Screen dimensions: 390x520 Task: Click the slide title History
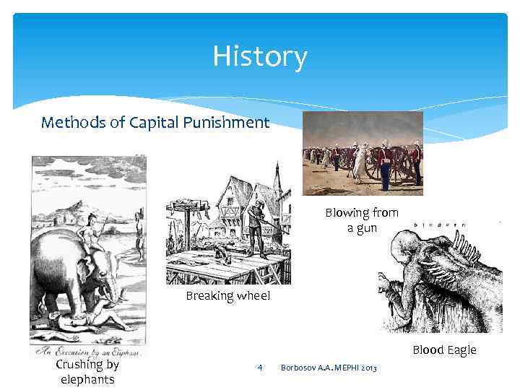click(x=260, y=56)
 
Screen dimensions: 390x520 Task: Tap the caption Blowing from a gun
click(x=361, y=220)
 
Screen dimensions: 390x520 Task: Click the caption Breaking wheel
click(x=227, y=296)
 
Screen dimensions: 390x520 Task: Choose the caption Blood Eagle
click(x=444, y=350)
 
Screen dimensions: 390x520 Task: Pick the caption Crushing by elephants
click(x=87, y=371)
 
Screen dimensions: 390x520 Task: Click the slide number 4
click(x=259, y=368)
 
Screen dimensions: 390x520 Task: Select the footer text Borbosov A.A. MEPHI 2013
click(x=329, y=369)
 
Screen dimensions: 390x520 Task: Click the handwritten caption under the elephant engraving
click(x=87, y=350)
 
